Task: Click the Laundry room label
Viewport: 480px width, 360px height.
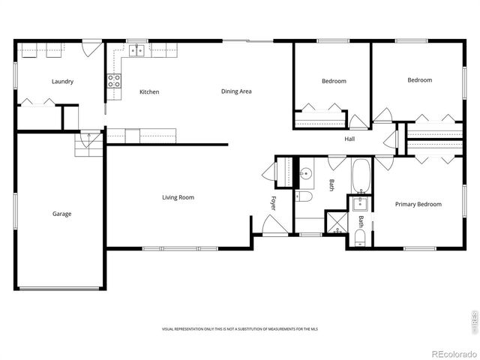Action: (62, 81)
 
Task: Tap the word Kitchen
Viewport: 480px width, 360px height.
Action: (149, 91)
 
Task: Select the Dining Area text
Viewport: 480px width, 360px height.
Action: (236, 91)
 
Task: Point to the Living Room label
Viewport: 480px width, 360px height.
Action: (178, 197)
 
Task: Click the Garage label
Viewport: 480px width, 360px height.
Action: (61, 214)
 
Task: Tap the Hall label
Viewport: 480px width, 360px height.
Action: (349, 139)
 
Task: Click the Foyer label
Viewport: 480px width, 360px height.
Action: (274, 202)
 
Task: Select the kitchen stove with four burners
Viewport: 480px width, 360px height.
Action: (114, 81)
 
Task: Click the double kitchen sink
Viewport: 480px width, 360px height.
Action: (136, 51)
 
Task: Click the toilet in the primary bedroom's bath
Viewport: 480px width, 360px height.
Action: (359, 239)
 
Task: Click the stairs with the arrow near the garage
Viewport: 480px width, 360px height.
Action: (88, 142)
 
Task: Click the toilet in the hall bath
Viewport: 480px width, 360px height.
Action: (304, 197)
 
